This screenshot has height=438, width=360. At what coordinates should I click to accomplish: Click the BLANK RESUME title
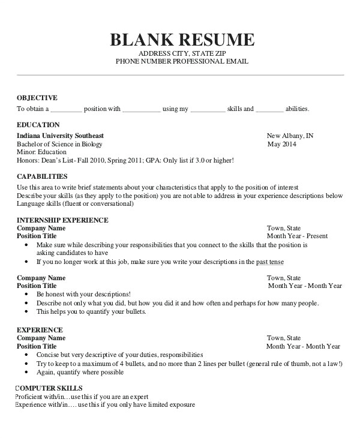[x=182, y=40]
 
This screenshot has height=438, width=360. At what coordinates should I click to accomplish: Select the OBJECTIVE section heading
[x=37, y=97]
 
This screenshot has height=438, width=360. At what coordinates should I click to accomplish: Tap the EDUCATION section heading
[x=38, y=125]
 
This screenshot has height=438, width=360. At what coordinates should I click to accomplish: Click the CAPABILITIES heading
[x=42, y=177]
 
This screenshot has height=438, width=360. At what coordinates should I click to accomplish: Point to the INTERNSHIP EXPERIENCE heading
[x=62, y=220]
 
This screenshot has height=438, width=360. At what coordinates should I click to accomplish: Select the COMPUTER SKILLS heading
[x=49, y=388]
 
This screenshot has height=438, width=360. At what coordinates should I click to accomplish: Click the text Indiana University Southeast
[x=60, y=136]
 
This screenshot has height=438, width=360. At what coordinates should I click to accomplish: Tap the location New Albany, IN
[x=290, y=136]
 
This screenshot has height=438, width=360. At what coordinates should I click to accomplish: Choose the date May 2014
[x=281, y=144]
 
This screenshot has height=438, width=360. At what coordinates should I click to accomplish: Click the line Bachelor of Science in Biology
[x=59, y=144]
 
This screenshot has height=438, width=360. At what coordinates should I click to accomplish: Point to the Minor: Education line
[x=41, y=152]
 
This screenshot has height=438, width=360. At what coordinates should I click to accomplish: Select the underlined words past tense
[x=270, y=262]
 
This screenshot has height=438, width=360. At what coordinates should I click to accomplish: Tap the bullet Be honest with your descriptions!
[x=83, y=295]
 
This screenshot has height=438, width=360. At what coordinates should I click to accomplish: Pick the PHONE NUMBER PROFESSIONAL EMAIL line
[x=181, y=62]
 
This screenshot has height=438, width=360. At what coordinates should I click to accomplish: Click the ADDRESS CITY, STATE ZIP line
[x=181, y=54]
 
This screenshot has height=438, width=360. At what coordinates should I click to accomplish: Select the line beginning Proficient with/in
[x=82, y=397]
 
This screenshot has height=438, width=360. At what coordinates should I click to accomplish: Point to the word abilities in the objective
[x=297, y=109]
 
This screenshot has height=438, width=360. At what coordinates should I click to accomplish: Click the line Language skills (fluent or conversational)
[x=75, y=204]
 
